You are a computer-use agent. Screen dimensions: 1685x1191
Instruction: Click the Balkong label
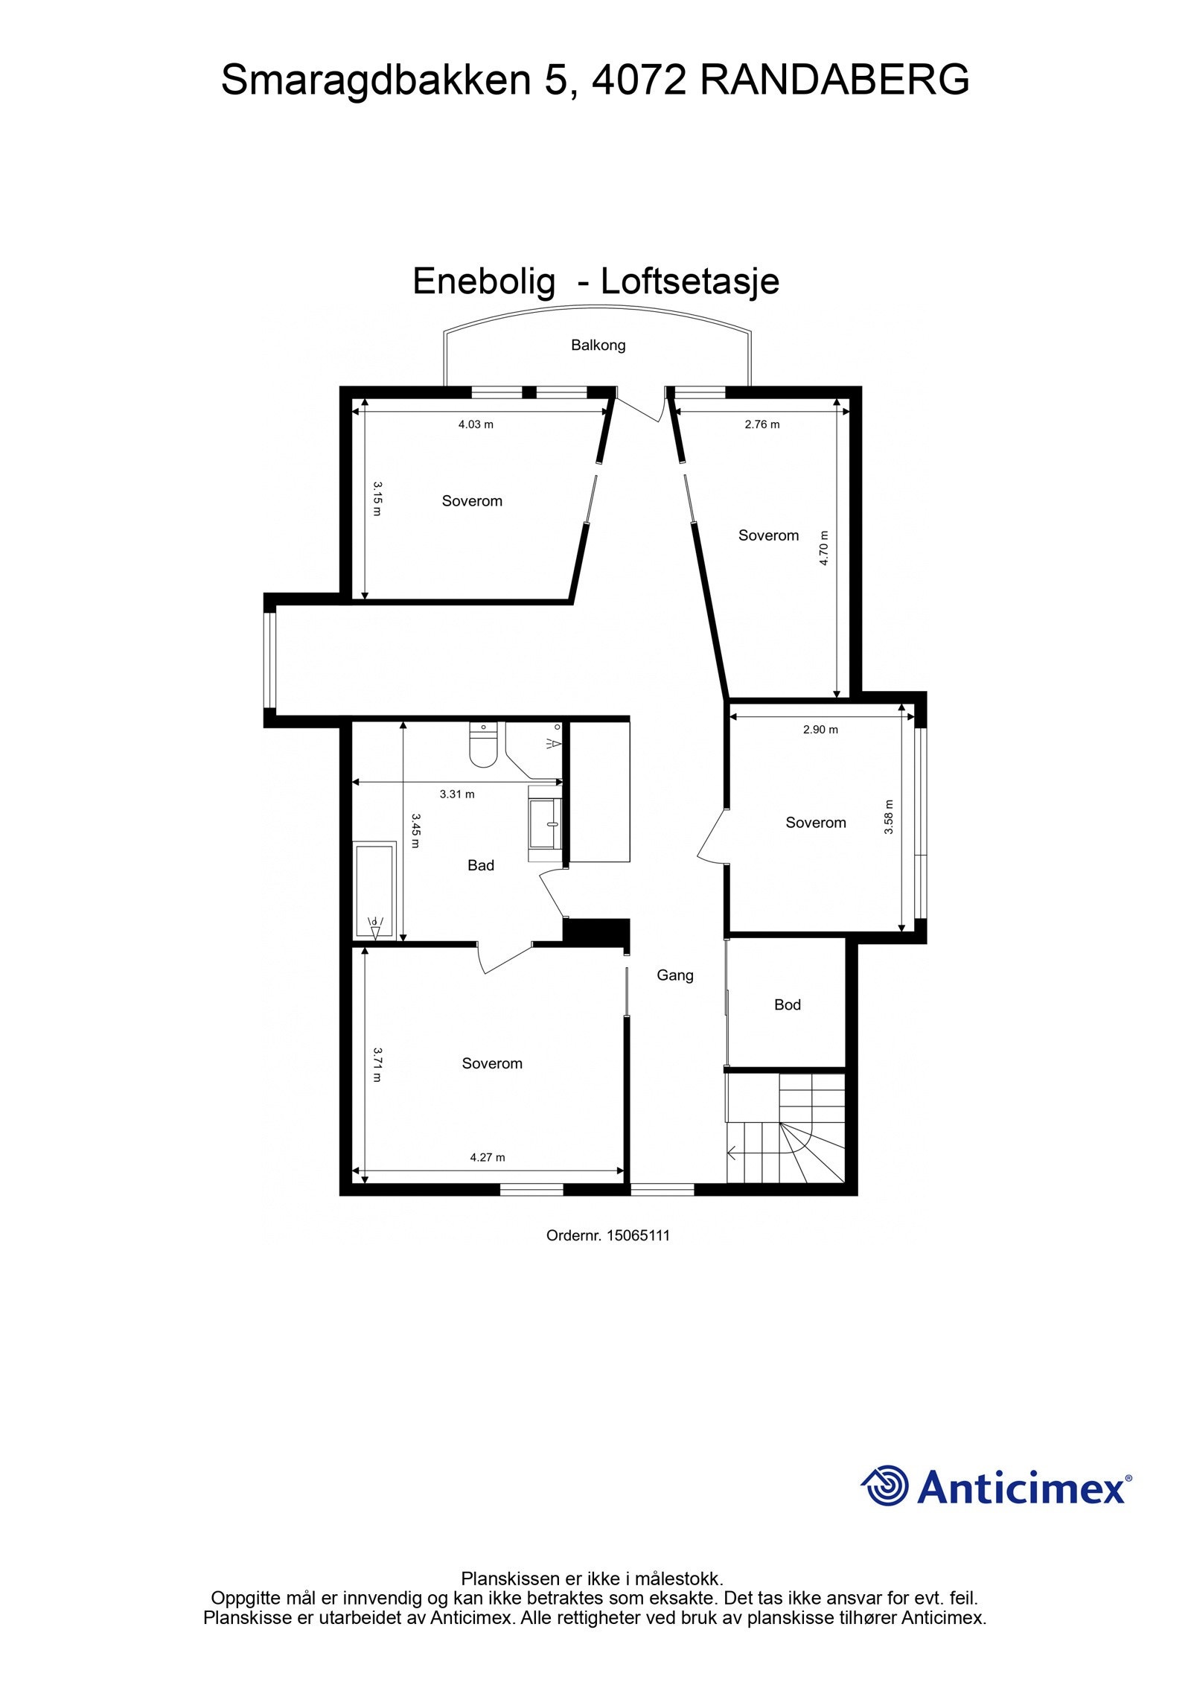[x=598, y=345]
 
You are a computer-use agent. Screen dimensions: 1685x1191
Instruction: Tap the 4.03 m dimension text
[x=476, y=424]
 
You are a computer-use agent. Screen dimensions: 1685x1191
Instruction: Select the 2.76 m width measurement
[x=762, y=424]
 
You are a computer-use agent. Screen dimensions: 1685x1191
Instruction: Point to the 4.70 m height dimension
[x=824, y=547]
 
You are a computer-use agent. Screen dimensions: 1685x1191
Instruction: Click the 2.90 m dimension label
[x=820, y=730]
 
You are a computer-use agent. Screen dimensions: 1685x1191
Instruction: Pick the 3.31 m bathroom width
[x=457, y=794]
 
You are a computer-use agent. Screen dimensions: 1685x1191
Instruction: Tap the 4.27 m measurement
[x=488, y=1157]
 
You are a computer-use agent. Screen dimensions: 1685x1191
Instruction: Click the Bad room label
[x=481, y=865]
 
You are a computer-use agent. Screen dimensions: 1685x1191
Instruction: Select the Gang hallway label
[x=675, y=975]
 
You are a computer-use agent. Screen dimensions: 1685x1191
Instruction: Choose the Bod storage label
[x=788, y=1005]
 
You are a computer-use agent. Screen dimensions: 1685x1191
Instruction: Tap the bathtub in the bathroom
[x=374, y=891]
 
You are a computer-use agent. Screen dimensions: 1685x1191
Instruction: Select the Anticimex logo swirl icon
[x=886, y=1486]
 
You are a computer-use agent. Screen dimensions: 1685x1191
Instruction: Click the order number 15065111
[x=638, y=1235]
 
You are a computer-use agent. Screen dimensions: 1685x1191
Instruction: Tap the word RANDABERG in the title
[x=834, y=80]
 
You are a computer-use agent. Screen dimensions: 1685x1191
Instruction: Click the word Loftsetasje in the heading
[x=690, y=281]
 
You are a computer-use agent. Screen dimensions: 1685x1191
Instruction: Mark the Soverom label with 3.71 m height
[x=492, y=1063]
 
